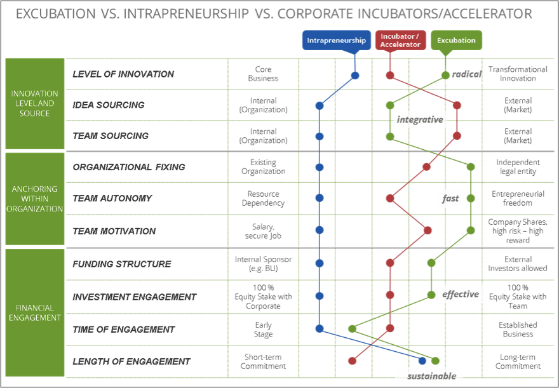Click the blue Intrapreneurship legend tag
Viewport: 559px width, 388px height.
(336, 41)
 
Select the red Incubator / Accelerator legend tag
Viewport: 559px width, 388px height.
(400, 41)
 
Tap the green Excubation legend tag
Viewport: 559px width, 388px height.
(456, 41)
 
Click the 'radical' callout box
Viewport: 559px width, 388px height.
(466, 74)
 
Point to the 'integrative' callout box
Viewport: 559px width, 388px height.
(419, 119)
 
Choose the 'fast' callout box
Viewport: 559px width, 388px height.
(450, 198)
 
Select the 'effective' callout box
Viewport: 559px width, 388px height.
(460, 294)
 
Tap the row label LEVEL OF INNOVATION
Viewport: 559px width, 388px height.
(123, 74)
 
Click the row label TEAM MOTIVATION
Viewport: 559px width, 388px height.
(114, 231)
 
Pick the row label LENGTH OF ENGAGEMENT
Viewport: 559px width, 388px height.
(131, 361)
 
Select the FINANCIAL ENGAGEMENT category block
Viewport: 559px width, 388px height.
(35, 313)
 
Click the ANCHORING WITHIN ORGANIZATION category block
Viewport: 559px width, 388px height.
(35, 199)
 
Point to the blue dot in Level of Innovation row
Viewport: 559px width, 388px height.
(355, 76)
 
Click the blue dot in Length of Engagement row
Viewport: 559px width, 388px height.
(423, 361)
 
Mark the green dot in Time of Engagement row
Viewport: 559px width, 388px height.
(352, 329)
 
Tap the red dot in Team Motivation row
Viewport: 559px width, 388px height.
(429, 231)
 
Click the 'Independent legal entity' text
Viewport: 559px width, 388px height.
(518, 167)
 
